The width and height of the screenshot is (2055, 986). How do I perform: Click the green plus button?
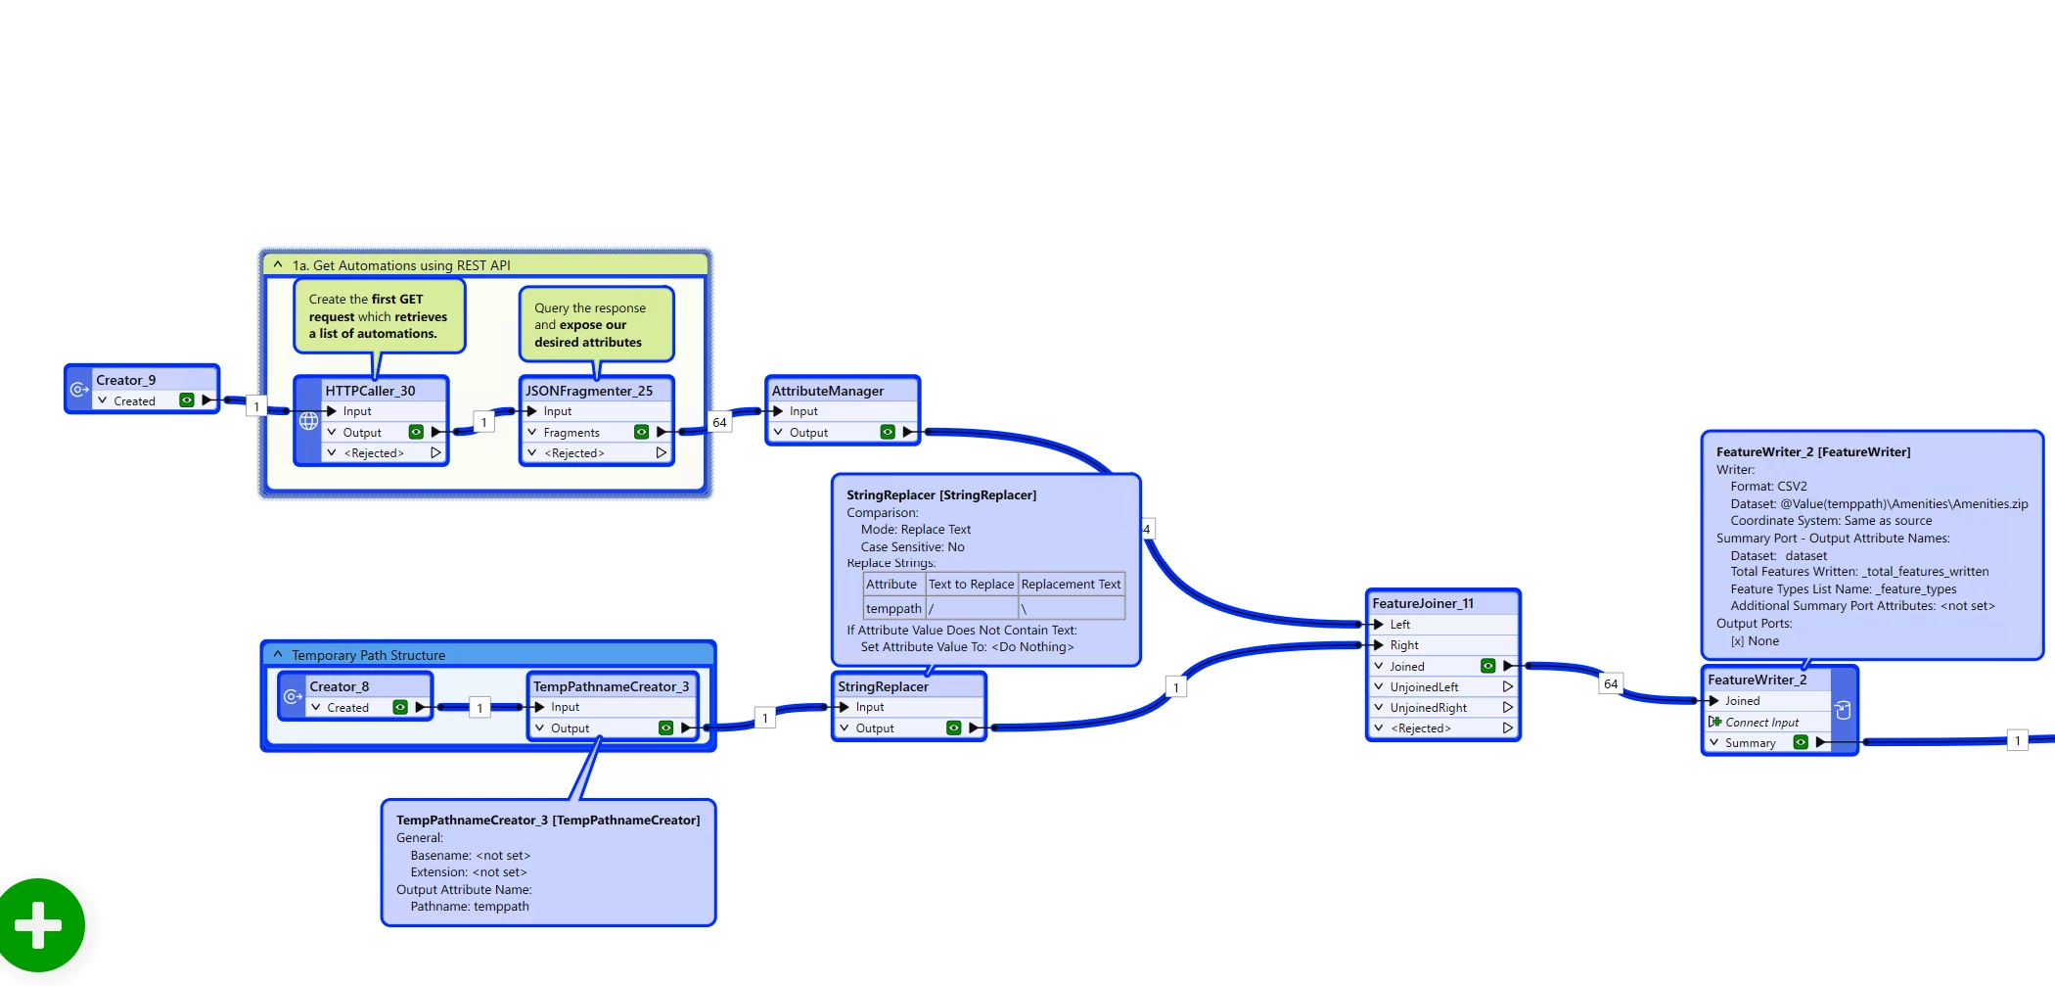point(39,925)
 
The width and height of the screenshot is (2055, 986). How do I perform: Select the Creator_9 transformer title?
point(125,380)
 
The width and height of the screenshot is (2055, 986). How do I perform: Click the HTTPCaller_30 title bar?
point(371,391)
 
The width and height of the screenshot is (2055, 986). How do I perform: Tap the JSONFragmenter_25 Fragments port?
point(571,432)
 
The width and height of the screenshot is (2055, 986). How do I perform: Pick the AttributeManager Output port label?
point(808,432)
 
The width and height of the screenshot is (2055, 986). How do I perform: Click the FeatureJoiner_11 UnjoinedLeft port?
point(1424,686)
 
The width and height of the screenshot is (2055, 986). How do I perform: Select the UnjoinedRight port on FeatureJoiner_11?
point(1428,707)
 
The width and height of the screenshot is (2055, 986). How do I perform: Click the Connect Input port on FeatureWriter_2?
point(1761,722)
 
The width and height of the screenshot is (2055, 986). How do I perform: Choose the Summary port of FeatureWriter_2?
point(1750,742)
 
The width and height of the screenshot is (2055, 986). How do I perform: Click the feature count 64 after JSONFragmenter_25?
point(719,422)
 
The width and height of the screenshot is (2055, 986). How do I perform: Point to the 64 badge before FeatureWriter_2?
point(1611,683)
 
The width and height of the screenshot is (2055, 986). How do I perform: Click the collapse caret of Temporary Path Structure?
point(278,654)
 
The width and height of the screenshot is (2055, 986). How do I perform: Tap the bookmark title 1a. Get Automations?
point(401,264)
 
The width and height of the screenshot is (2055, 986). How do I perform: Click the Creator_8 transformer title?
point(339,686)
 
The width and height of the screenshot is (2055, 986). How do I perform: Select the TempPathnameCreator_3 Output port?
point(570,728)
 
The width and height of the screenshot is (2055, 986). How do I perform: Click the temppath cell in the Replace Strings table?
point(893,608)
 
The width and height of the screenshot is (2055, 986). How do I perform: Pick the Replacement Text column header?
point(1071,584)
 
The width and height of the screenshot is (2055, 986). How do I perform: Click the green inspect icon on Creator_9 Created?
point(186,399)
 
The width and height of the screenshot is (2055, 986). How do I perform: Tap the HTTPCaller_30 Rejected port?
point(374,452)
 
